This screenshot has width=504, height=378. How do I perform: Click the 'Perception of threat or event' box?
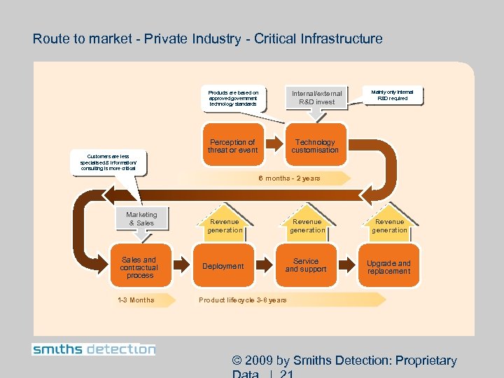tap(232, 146)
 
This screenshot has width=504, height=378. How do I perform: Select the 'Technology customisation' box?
tap(315, 146)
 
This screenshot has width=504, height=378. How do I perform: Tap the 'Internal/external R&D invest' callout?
tap(316, 97)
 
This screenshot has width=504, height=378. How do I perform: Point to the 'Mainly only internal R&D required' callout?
tap(392, 95)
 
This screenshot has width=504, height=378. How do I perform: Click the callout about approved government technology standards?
tap(233, 97)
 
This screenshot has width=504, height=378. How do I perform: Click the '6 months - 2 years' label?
tap(289, 178)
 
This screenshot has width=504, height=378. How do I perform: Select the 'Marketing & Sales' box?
tap(141, 219)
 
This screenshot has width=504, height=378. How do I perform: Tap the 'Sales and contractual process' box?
tap(139, 267)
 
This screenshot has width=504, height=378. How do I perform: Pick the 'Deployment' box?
tap(223, 267)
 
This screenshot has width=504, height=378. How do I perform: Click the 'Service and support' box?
tap(306, 265)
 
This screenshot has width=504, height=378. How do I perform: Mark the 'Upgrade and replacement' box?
tap(389, 267)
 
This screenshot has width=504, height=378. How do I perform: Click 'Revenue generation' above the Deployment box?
tap(225, 225)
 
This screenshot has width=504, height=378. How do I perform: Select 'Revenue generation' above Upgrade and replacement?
tap(389, 225)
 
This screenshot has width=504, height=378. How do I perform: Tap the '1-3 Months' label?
tap(136, 300)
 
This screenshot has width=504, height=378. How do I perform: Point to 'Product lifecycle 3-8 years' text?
tap(242, 300)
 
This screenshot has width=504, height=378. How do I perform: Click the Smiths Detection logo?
tap(94, 349)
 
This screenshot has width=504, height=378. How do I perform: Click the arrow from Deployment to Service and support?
tap(265, 265)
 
